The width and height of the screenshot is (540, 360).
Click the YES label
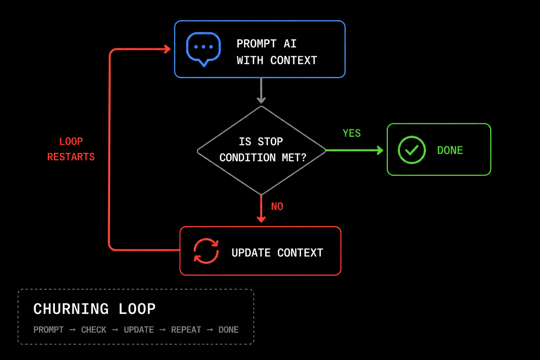(352, 133)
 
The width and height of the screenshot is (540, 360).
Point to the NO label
(277, 206)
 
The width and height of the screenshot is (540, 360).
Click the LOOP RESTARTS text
(71, 149)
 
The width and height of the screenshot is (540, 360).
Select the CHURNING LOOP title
(95, 309)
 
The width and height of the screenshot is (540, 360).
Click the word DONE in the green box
(450, 150)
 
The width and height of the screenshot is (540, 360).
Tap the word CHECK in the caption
(94, 330)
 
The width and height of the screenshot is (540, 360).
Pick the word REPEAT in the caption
(186, 330)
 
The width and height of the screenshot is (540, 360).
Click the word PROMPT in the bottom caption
(49, 330)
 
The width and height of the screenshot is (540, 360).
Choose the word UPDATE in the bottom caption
(139, 330)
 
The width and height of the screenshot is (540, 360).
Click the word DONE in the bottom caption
(229, 330)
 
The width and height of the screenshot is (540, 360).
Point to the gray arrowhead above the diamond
(261, 100)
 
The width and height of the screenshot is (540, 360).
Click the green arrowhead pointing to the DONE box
(380, 150)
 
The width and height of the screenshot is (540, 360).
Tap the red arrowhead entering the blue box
(168, 49)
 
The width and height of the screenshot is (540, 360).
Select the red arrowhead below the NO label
(261, 219)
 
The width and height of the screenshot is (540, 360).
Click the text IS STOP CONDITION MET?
(263, 149)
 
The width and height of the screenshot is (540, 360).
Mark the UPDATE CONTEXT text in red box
(277, 253)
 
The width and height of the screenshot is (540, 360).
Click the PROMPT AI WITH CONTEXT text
(277, 52)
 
